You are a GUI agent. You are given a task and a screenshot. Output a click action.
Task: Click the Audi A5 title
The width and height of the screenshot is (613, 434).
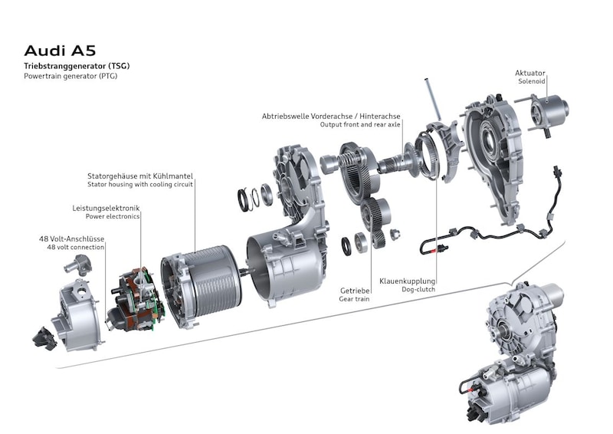(60, 51)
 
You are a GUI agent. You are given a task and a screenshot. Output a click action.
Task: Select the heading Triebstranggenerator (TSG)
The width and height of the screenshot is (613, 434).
(77, 66)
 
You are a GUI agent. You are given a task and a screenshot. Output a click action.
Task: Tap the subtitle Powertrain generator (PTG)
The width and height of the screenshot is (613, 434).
(70, 76)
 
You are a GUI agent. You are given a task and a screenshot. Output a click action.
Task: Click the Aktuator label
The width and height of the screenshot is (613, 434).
(529, 73)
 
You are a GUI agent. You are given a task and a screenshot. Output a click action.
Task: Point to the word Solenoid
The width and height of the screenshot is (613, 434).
(531, 81)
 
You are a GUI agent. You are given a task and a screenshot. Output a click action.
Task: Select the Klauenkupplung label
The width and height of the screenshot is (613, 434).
(407, 281)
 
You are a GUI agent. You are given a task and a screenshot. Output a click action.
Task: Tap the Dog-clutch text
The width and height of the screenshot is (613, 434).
(418, 290)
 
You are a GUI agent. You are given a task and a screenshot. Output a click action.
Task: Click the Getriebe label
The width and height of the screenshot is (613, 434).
(355, 291)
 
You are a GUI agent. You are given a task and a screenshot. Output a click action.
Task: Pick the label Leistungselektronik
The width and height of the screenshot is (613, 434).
(106, 209)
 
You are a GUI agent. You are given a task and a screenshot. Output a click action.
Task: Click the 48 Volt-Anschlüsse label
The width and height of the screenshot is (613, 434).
(71, 238)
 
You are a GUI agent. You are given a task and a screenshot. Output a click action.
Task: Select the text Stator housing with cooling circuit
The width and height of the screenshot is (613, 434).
(140, 184)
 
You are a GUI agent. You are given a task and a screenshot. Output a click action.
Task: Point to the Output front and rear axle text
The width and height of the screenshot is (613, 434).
(360, 124)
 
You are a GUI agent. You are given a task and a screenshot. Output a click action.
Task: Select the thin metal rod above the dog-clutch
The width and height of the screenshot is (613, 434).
(432, 99)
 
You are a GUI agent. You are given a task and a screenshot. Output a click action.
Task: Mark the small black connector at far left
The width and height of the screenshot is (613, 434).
(44, 338)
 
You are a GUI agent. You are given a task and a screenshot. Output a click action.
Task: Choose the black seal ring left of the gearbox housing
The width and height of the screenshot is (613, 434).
(243, 199)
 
